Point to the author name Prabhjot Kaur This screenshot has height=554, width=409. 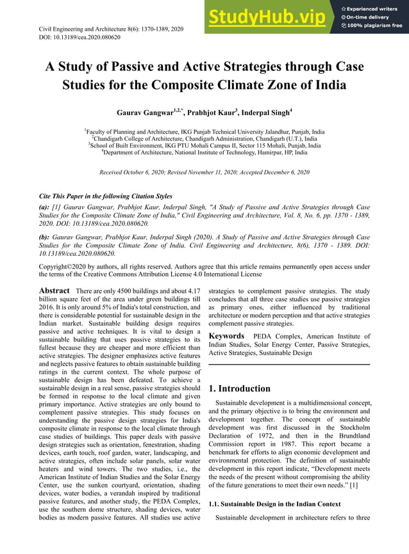(213, 113)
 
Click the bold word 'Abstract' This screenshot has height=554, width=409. (54, 291)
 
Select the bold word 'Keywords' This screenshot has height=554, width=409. (226, 336)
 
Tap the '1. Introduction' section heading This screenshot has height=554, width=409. (240, 388)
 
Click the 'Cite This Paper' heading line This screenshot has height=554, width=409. (106, 196)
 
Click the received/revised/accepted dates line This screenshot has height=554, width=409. (204, 173)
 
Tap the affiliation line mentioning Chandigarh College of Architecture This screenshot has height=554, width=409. (204, 138)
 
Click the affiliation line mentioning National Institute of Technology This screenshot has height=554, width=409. (204, 153)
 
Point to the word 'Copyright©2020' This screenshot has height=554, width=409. (65, 267)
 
